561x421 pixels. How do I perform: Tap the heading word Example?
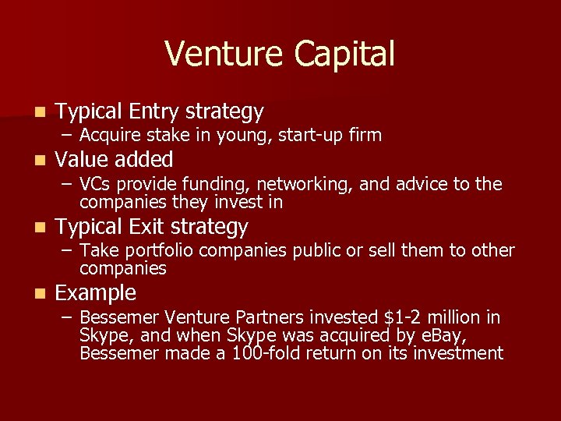tap(96, 294)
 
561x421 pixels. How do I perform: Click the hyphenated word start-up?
tap(314, 136)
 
